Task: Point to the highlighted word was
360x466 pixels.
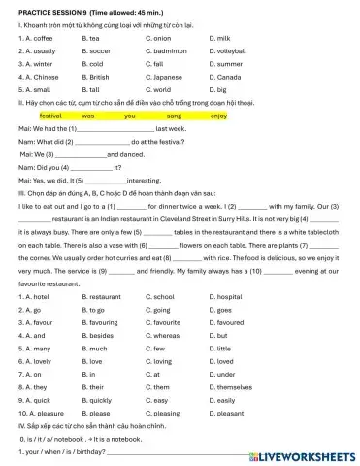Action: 102,115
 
